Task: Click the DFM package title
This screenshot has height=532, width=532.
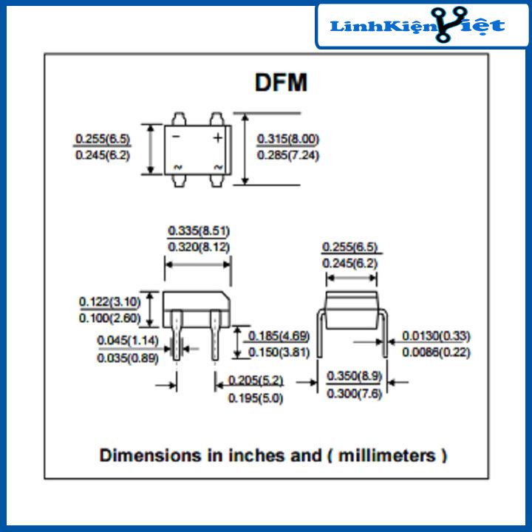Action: click(x=281, y=83)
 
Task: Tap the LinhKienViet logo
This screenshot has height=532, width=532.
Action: click(x=417, y=26)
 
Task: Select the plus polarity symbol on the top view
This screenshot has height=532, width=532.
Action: click(x=218, y=138)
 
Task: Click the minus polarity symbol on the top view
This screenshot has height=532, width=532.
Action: click(x=176, y=138)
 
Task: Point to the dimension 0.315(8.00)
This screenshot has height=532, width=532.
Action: click(x=288, y=139)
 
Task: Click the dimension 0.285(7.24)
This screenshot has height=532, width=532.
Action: click(x=288, y=155)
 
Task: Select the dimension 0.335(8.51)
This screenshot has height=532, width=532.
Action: click(x=198, y=230)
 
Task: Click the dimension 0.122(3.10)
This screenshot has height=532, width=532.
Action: click(x=110, y=301)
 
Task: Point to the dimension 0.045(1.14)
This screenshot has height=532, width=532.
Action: click(x=129, y=341)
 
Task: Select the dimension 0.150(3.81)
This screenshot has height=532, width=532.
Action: click(x=279, y=352)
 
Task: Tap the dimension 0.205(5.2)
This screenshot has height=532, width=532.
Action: click(x=256, y=381)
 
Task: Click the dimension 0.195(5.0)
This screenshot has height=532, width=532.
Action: click(x=256, y=398)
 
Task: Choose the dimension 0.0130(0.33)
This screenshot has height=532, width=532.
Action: click(x=436, y=336)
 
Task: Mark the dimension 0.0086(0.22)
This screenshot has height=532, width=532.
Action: click(x=436, y=352)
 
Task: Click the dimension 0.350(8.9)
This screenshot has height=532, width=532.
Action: click(x=355, y=376)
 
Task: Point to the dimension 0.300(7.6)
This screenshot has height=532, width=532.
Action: click(x=355, y=394)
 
